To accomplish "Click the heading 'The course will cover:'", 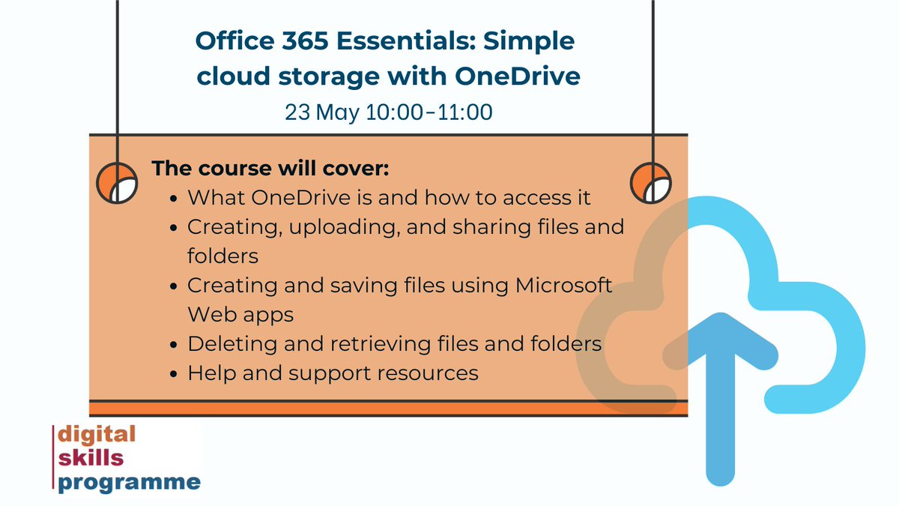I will pos(270,168).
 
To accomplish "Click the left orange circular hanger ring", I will pos(117,182).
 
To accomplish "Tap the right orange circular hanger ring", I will pos(650,182).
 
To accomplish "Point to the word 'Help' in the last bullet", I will pos(211,373).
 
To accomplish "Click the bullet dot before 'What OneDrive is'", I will pos(174,199).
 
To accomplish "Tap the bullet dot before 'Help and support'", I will pos(174,373).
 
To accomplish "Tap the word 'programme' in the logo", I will pos(130,481).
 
